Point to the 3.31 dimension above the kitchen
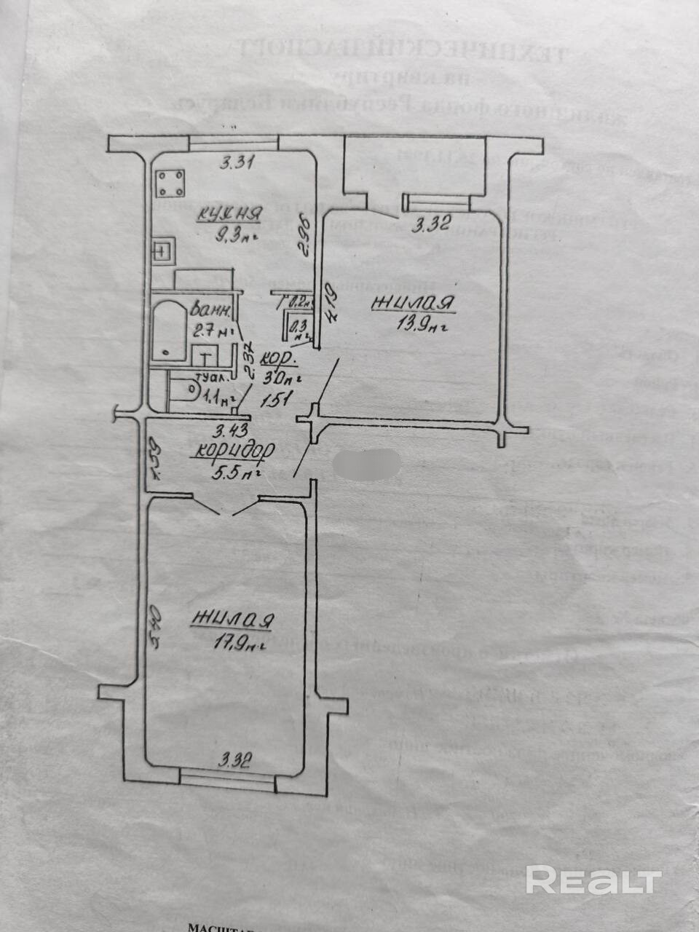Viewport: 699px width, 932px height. pos(236,163)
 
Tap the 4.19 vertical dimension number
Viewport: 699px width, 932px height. pos(331,307)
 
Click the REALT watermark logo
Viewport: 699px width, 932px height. pos(593,880)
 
